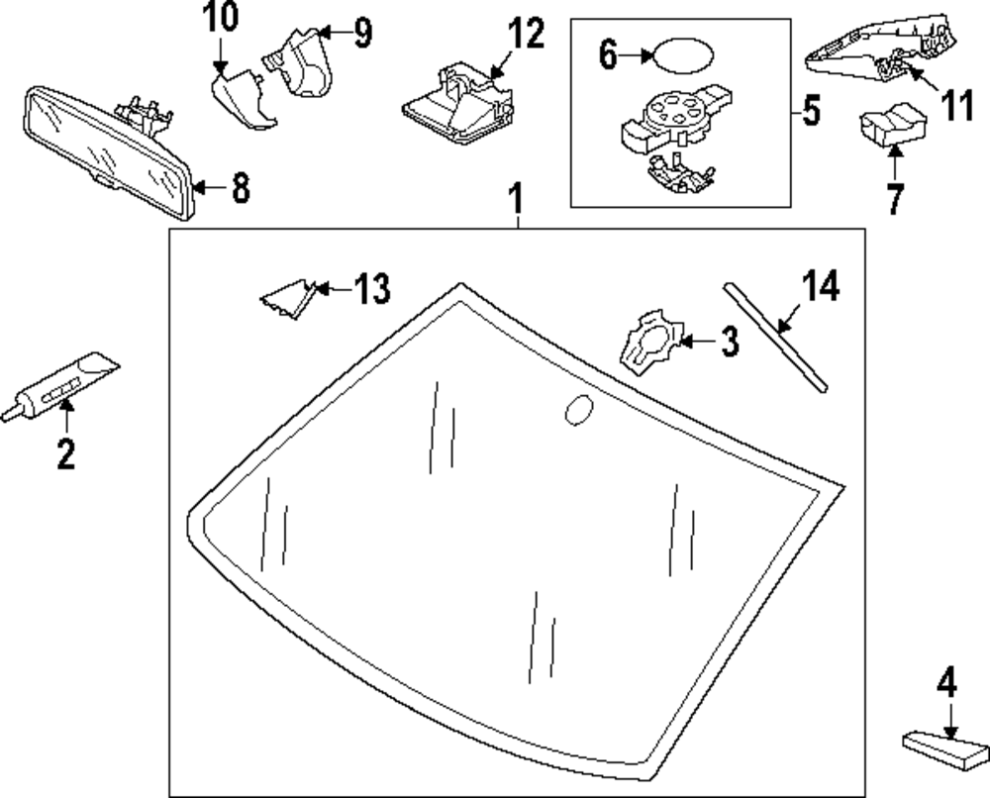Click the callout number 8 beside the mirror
pyautogui.click(x=241, y=186)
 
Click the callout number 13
pyautogui.click(x=371, y=289)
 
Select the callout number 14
pyautogui.click(x=821, y=285)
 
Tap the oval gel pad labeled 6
pyautogui.click(x=678, y=55)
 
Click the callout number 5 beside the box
pyautogui.click(x=811, y=111)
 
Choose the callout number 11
pyautogui.click(x=957, y=106)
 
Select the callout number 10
pyautogui.click(x=222, y=17)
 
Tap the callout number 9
pyautogui.click(x=362, y=33)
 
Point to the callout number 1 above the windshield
pyautogui.click(x=515, y=198)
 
